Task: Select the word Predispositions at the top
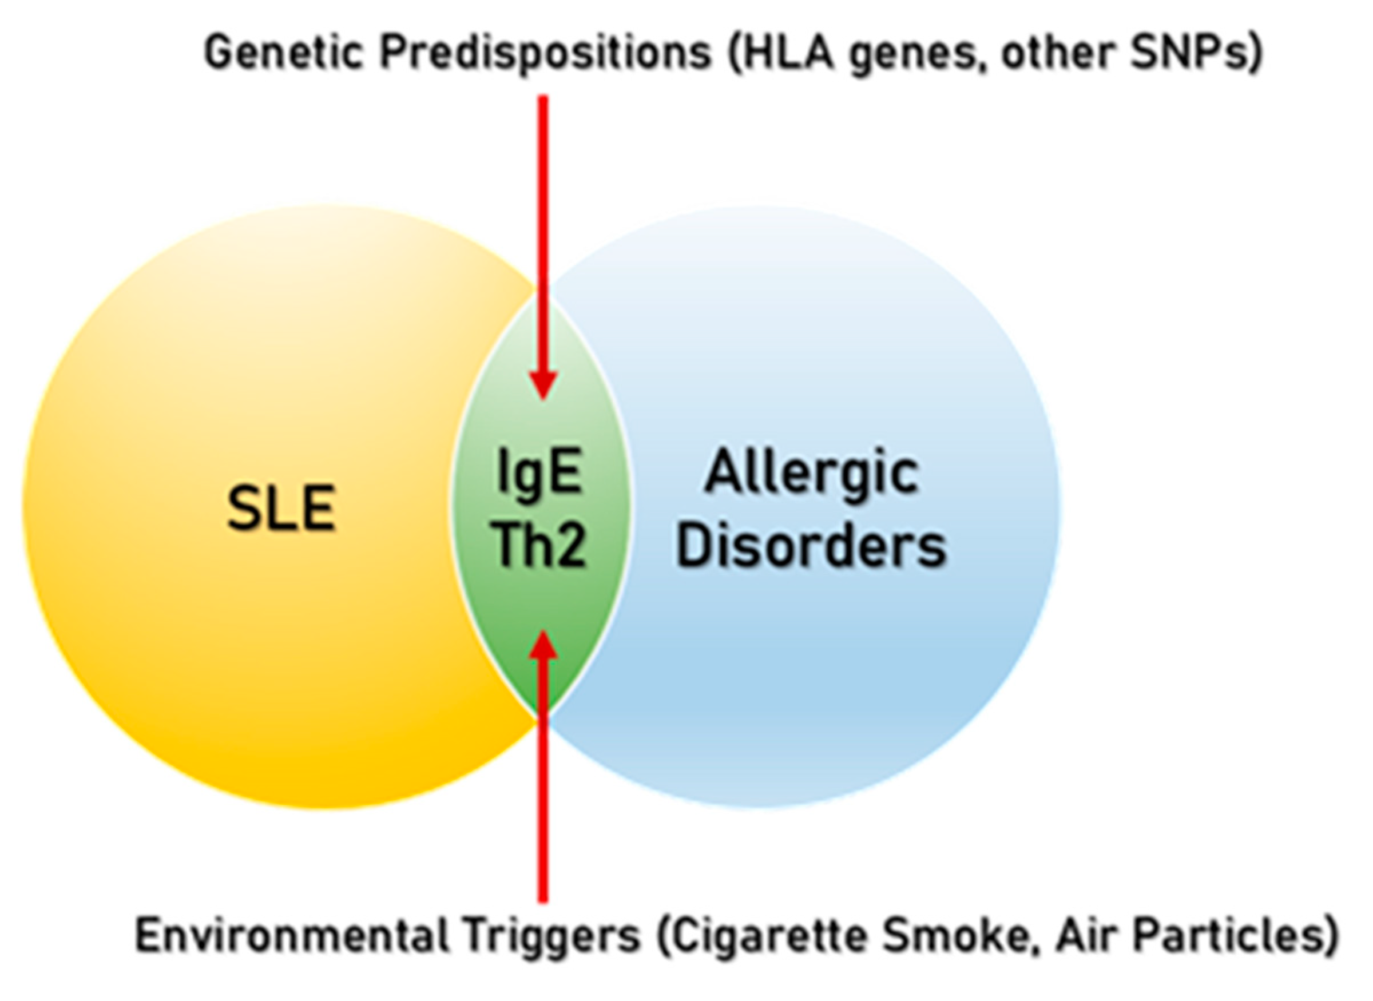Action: tap(545, 53)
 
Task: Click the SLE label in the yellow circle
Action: tap(281, 509)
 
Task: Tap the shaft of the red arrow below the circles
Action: tap(543, 818)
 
